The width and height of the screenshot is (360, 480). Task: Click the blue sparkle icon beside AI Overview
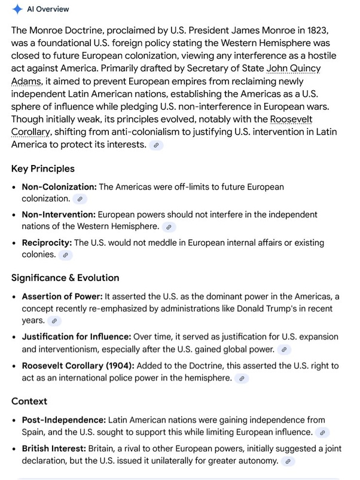click(17, 9)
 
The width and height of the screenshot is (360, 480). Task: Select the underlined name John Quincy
click(293, 68)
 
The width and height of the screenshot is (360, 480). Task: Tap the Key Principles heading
click(43, 169)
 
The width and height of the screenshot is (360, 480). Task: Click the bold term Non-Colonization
click(59, 187)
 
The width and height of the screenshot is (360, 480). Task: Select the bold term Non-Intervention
click(59, 214)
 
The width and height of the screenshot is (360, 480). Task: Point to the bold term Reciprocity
click(47, 243)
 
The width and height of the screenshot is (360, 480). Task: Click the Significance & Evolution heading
click(65, 277)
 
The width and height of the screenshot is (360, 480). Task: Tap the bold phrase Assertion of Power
click(62, 296)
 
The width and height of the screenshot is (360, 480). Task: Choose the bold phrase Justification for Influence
click(77, 337)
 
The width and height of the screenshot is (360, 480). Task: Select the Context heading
click(29, 400)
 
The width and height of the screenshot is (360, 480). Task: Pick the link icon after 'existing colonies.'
click(66, 255)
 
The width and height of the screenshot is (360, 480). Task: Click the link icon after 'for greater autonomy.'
click(288, 461)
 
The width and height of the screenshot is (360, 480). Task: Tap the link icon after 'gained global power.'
click(284, 349)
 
